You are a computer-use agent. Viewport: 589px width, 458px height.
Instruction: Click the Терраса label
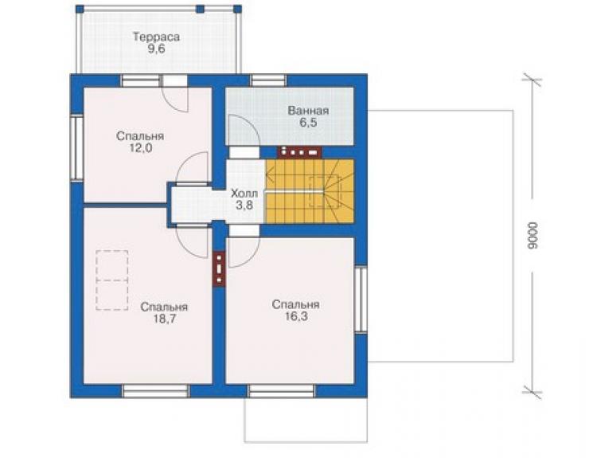click(156, 37)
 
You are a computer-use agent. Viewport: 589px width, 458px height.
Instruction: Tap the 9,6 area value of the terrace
click(156, 49)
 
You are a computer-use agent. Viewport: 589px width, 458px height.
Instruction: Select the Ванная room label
click(308, 111)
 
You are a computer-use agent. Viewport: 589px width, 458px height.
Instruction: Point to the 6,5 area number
click(308, 123)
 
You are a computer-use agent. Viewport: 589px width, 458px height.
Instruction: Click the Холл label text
click(244, 194)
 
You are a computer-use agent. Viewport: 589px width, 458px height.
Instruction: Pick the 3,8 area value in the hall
click(244, 206)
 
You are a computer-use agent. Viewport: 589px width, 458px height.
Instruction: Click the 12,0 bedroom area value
click(141, 148)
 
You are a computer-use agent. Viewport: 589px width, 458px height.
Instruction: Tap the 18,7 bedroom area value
click(164, 319)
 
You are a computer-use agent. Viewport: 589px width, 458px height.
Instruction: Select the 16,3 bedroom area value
click(296, 316)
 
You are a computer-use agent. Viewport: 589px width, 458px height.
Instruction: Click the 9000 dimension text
click(532, 236)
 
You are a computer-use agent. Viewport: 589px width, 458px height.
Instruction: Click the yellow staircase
click(310, 190)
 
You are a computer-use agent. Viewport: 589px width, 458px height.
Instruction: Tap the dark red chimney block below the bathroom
click(299, 151)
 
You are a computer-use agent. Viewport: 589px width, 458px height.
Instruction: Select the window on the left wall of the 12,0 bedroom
click(76, 148)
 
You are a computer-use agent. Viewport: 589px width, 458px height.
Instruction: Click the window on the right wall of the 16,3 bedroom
click(361, 299)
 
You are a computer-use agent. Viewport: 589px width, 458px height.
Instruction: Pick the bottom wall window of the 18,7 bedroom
click(155, 390)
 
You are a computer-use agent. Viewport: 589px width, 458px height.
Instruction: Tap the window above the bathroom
click(268, 80)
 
